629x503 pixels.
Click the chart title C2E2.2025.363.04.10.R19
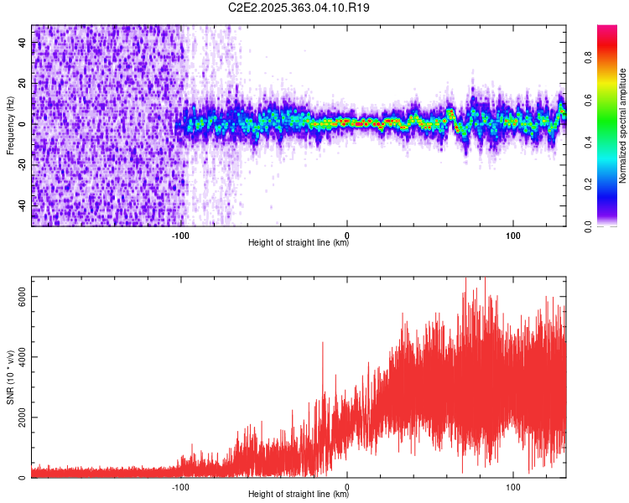tap(299, 8)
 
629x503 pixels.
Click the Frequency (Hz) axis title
tap(10, 125)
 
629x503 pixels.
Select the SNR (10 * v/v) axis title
tap(10, 377)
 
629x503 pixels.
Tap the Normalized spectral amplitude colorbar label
tap(623, 126)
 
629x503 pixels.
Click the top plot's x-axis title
tap(299, 243)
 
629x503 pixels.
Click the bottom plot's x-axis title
tap(299, 495)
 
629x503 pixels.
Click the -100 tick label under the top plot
tap(180, 234)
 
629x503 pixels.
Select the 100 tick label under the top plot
tap(513, 234)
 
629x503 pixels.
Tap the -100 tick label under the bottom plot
tap(180, 485)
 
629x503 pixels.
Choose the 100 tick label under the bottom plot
tap(513, 485)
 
